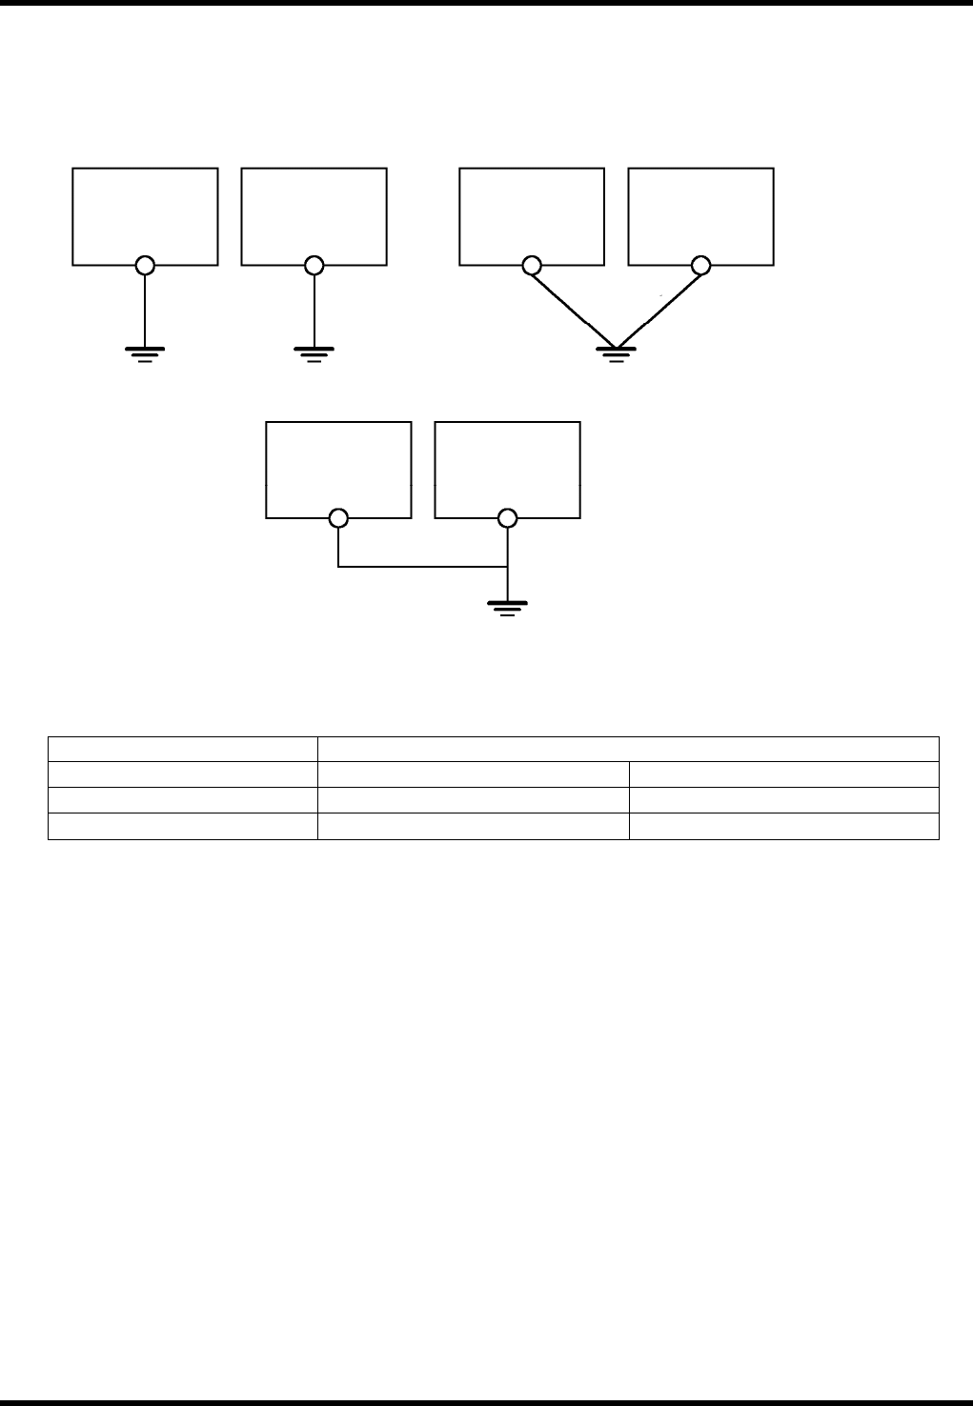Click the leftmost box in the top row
[x=145, y=214]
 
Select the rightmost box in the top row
[x=700, y=214]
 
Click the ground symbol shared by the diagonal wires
[x=616, y=355]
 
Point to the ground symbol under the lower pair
[x=507, y=608]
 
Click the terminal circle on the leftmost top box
[x=145, y=265]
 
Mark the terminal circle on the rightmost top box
[x=700, y=265]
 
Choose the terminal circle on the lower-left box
[x=338, y=519]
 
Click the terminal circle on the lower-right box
[x=507, y=519]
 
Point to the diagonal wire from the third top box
[x=574, y=308]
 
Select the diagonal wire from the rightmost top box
[x=659, y=308]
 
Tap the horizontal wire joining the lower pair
[x=422, y=568]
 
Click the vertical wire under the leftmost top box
[x=145, y=310]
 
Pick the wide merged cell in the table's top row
[x=627, y=749]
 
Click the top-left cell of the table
[x=182, y=749]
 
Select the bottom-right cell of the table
[x=783, y=826]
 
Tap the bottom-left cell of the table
[x=182, y=826]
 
